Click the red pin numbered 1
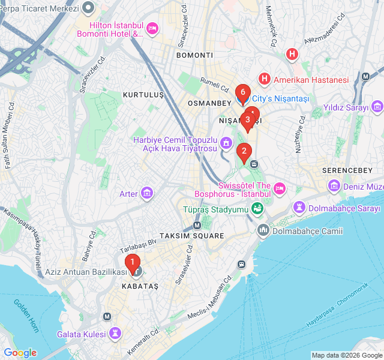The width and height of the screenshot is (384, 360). [133, 262]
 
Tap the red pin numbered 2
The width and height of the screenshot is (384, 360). [243, 151]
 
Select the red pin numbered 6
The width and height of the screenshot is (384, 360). [242, 92]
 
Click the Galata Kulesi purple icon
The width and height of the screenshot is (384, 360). [115, 334]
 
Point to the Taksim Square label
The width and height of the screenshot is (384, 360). [192, 236]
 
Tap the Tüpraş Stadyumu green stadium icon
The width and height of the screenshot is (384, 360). [257, 209]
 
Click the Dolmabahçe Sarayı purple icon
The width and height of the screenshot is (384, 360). [299, 208]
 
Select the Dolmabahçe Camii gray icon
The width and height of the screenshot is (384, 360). [263, 230]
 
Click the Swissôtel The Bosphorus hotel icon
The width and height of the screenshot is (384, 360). [280, 190]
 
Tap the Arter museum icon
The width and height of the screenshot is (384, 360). [147, 193]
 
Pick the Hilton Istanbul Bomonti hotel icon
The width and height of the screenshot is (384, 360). [152, 29]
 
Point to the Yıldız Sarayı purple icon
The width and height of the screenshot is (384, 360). [377, 107]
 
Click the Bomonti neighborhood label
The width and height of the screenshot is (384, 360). [194, 55]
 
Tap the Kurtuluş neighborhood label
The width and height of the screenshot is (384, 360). [143, 95]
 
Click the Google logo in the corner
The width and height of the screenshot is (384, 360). [20, 353]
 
